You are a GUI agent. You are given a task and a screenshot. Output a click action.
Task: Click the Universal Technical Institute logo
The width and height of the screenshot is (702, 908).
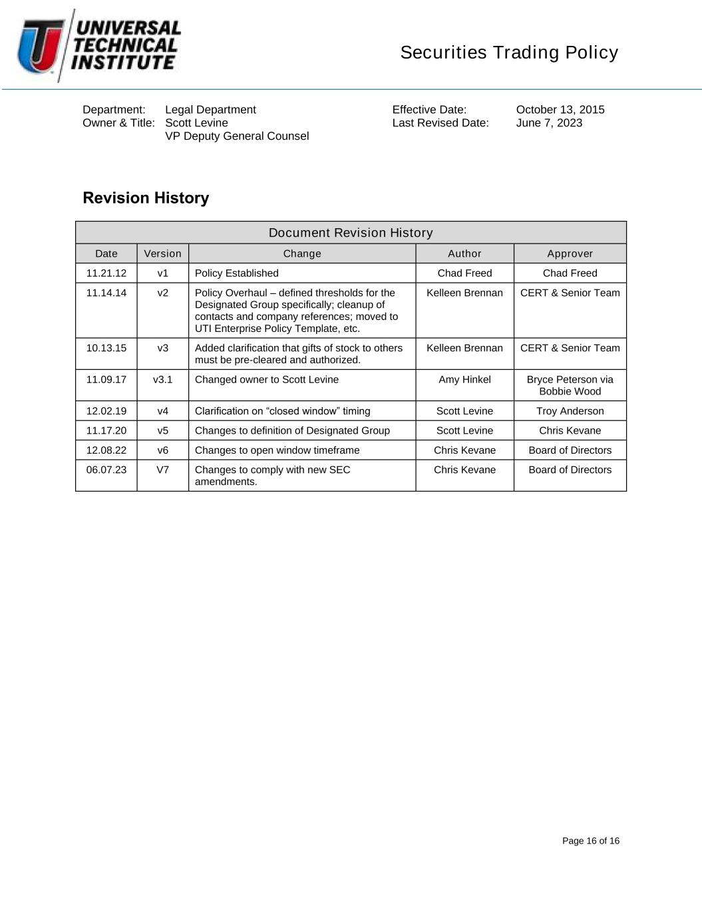pyautogui.click(x=99, y=45)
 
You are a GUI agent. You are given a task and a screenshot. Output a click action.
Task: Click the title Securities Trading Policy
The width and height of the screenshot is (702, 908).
pyautogui.click(x=509, y=53)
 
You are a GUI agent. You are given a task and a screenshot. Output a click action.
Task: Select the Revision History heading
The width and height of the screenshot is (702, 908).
pyautogui.click(x=146, y=198)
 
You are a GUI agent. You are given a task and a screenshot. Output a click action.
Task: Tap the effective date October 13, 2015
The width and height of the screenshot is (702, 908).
pyautogui.click(x=560, y=110)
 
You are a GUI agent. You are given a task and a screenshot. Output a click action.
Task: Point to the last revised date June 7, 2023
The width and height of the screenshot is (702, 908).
pyautogui.click(x=549, y=123)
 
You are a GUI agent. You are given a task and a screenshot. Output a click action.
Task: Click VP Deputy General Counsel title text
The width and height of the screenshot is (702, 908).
pyautogui.click(x=237, y=136)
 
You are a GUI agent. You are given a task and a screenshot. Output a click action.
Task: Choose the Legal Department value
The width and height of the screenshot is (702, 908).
pyautogui.click(x=210, y=110)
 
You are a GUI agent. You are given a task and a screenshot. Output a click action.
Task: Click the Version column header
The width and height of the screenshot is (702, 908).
pyautogui.click(x=162, y=253)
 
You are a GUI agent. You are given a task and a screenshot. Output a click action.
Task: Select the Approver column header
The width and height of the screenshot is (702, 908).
pyautogui.click(x=570, y=253)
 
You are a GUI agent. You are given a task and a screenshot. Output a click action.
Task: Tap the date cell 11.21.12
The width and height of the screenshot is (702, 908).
pyautogui.click(x=106, y=273)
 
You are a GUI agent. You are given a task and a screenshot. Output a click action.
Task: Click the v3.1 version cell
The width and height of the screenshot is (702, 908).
pyautogui.click(x=162, y=379)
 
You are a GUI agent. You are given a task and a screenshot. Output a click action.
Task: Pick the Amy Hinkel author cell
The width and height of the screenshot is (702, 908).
pyautogui.click(x=464, y=379)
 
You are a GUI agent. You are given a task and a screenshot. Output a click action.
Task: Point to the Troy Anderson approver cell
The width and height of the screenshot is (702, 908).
pyautogui.click(x=570, y=411)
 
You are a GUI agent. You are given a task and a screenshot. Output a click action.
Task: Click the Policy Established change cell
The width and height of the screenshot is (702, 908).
pyautogui.click(x=237, y=273)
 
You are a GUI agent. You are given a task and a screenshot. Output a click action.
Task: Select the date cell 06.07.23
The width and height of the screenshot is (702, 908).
pyautogui.click(x=106, y=470)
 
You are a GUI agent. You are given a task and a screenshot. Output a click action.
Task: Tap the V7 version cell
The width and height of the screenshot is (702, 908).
pyautogui.click(x=162, y=470)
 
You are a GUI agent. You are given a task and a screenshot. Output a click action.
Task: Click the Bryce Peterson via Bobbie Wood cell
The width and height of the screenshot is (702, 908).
pyautogui.click(x=570, y=385)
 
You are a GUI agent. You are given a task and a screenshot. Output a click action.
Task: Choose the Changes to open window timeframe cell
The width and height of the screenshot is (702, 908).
pyautogui.click(x=277, y=450)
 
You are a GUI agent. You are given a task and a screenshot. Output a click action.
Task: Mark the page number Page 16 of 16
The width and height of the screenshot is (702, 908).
pyautogui.click(x=590, y=841)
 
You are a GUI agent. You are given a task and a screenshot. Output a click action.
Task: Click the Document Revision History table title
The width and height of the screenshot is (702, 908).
pyautogui.click(x=351, y=233)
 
